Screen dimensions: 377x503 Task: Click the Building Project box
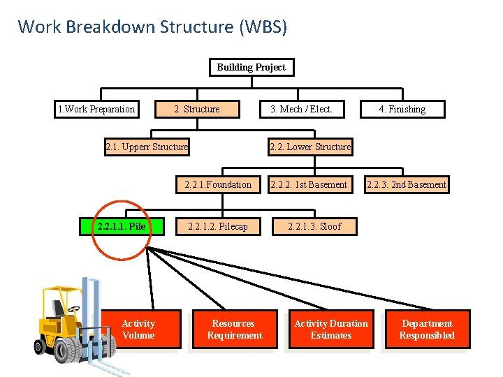[251, 67]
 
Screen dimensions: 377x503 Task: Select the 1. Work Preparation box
[96, 109]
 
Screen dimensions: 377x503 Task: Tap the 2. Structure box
[197, 109]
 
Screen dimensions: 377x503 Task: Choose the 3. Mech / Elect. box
[301, 109]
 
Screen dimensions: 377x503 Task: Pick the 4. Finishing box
[402, 109]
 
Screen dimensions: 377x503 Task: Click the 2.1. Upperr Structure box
[147, 147]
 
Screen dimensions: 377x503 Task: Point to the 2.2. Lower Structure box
[310, 147]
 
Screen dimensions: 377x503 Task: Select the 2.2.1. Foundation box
[218, 184]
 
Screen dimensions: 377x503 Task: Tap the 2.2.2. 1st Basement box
[309, 184]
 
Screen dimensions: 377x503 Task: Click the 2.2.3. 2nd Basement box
[406, 184]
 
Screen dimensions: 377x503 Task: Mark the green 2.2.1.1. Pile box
[122, 226]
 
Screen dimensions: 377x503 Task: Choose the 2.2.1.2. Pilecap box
[218, 226]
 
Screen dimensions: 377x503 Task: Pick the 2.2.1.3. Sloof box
[314, 226]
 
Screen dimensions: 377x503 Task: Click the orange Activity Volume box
[138, 330]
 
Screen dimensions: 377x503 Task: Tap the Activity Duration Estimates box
[330, 330]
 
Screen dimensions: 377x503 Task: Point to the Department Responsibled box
[427, 330]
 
